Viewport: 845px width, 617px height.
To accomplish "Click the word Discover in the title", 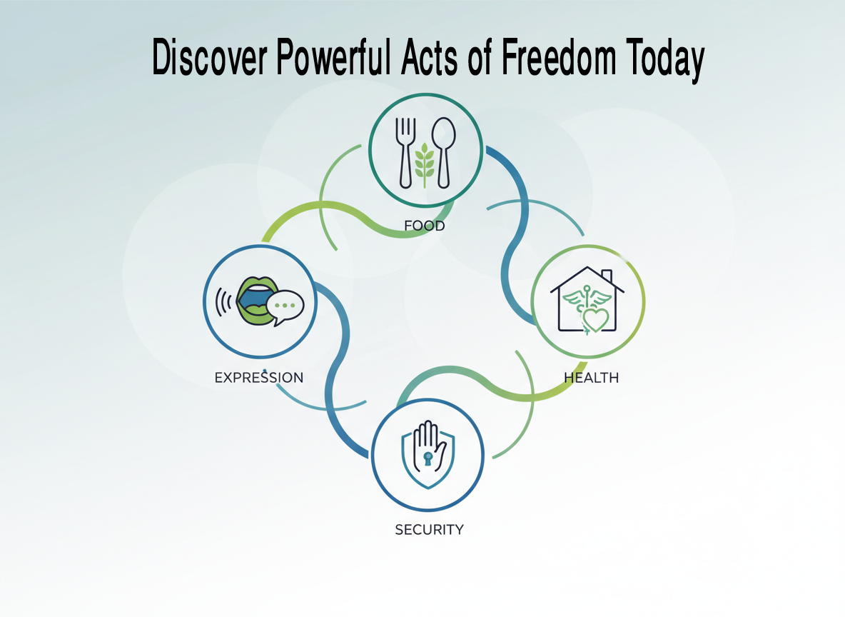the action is point(209,56).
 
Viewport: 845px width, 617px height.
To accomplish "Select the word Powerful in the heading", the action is point(333,56).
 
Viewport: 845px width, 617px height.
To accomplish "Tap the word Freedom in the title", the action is point(558,56).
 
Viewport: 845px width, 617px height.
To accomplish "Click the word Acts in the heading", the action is point(429,56).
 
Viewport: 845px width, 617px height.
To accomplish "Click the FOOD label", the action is point(425,226).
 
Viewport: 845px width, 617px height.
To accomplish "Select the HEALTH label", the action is point(591,378).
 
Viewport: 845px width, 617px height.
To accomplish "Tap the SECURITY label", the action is point(430,530).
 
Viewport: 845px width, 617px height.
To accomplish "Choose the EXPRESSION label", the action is point(258,378).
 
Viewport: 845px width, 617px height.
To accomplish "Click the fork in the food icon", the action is point(406,153).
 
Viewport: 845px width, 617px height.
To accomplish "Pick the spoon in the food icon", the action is point(443,153).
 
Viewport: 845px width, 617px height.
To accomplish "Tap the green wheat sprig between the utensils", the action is point(425,164).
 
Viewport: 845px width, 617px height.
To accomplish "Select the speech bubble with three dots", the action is point(285,307).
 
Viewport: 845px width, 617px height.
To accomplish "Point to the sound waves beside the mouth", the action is point(223,301).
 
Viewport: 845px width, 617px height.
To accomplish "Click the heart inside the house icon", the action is point(595,320).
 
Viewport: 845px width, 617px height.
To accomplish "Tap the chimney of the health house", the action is point(606,276).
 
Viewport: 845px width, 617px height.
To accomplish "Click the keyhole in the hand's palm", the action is point(428,459).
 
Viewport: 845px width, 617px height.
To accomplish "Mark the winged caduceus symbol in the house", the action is point(587,305).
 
